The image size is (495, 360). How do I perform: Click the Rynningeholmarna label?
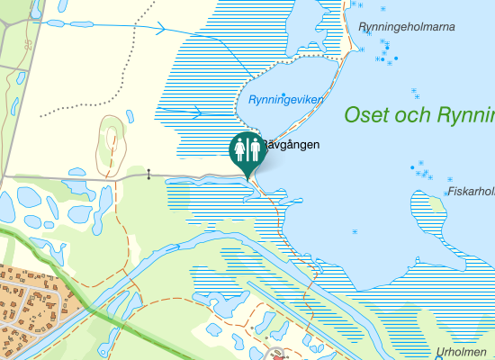(x=406, y=27)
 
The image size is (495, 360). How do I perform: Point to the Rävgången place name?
(x=291, y=144)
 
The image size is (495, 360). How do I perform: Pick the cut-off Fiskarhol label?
(x=471, y=191)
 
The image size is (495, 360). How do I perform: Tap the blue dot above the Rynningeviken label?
(x=284, y=94)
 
